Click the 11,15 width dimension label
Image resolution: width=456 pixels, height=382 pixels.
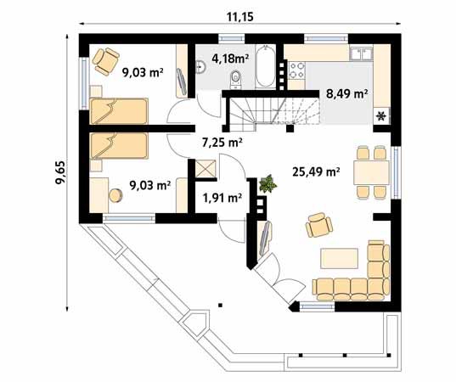pos(240,15)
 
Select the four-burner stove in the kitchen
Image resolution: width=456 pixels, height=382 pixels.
pos(298,69)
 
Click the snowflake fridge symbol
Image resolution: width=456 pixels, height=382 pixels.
pos(380,115)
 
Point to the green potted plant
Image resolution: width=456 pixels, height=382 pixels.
pos(268,183)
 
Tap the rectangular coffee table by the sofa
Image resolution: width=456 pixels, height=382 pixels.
pos(341,257)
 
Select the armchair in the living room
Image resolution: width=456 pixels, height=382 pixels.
pos(318,225)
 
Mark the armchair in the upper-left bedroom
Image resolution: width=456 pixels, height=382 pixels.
pos(107,59)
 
